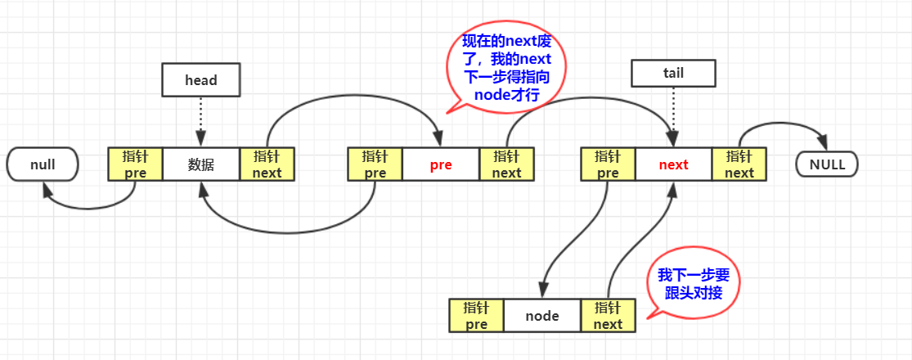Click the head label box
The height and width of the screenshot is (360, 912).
pos(201,79)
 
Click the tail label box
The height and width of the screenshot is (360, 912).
pos(673,73)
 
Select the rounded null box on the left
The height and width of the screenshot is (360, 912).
pos(43,164)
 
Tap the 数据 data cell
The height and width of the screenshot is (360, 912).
pos(201,164)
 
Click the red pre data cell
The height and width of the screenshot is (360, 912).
pos(441,164)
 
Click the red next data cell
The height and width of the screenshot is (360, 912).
pos(673,164)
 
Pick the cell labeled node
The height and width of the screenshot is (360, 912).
pos(541,316)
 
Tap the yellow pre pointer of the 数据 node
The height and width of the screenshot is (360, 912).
pos(136,164)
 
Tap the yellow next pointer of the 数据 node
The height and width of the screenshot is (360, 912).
pos(267,164)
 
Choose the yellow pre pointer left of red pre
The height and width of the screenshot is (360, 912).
pos(375,164)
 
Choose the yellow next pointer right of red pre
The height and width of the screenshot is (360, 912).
pos(506,164)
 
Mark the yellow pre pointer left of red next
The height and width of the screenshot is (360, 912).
pos(608,164)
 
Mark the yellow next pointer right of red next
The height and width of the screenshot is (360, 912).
pos(739,164)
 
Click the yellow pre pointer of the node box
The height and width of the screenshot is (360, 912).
pos(476,316)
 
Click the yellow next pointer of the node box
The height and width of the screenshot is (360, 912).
pos(608,316)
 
